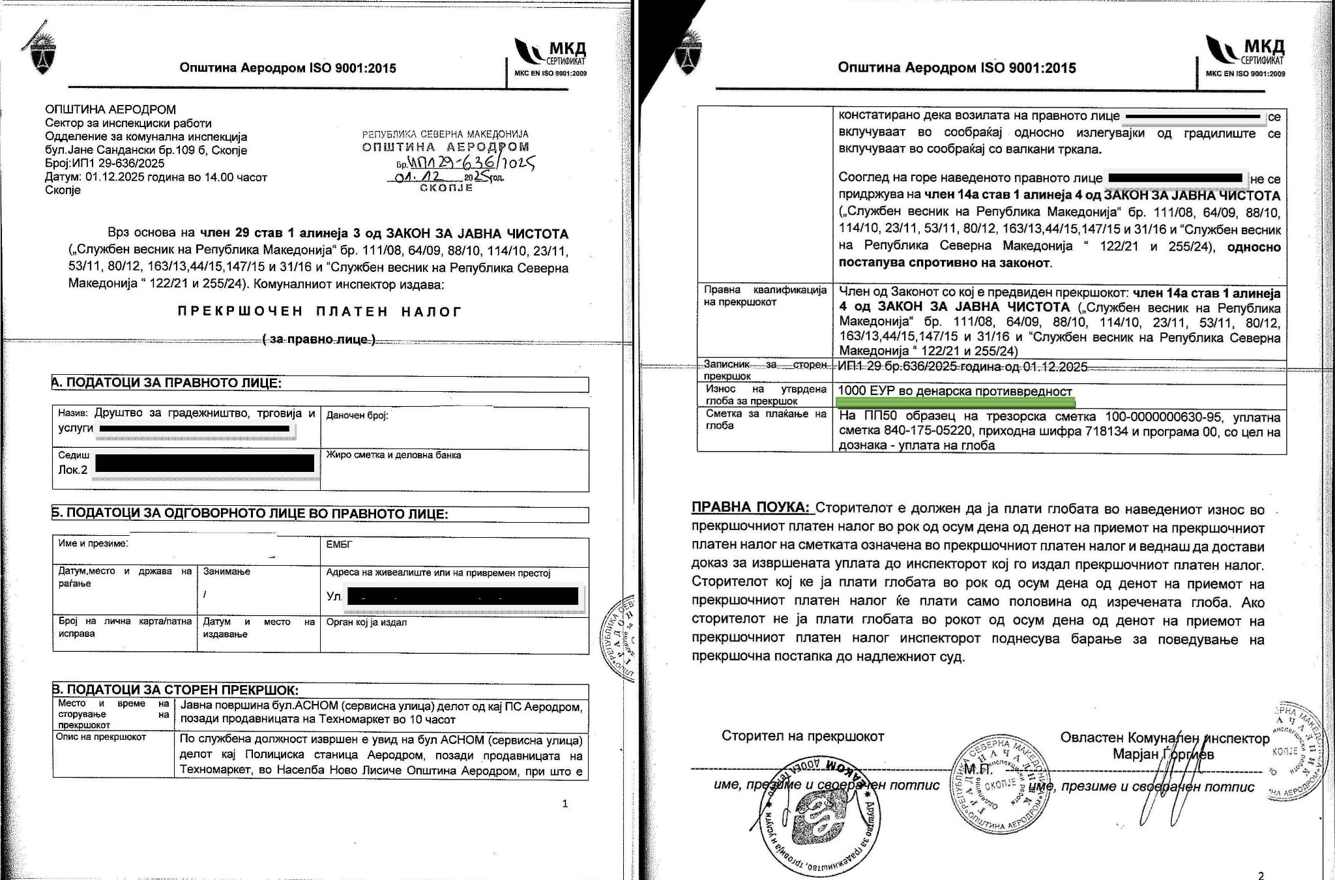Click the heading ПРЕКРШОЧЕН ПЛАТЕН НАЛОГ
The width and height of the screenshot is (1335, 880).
pyautogui.click(x=319, y=312)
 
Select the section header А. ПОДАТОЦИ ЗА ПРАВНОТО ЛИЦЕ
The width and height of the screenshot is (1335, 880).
pyautogui.click(x=167, y=383)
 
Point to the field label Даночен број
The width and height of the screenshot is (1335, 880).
pyautogui.click(x=357, y=415)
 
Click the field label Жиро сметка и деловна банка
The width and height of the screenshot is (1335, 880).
pyautogui.click(x=393, y=455)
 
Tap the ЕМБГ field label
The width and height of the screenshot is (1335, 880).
pyautogui.click(x=339, y=543)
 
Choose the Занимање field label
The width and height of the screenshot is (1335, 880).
pyautogui.click(x=227, y=572)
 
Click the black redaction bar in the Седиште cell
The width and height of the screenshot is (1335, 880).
pyautogui.click(x=205, y=463)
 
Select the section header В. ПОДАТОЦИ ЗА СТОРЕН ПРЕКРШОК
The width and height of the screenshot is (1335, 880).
pyautogui.click(x=175, y=690)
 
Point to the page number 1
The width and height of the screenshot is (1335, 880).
pyautogui.click(x=565, y=804)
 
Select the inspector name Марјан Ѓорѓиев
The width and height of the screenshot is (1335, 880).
pyautogui.click(x=1163, y=754)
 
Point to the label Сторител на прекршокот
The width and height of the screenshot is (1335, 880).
pyautogui.click(x=802, y=737)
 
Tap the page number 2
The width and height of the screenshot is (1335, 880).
pyautogui.click(x=1260, y=875)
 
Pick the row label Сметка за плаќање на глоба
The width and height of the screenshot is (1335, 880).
pyautogui.click(x=764, y=419)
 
